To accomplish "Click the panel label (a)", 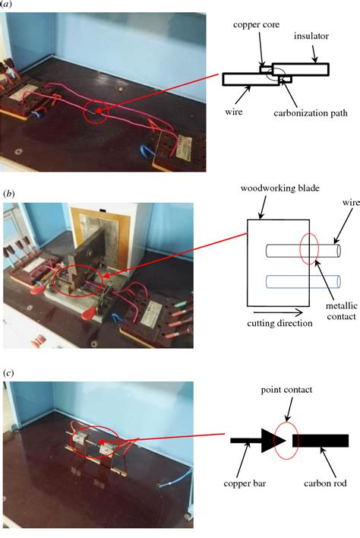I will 5,5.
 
